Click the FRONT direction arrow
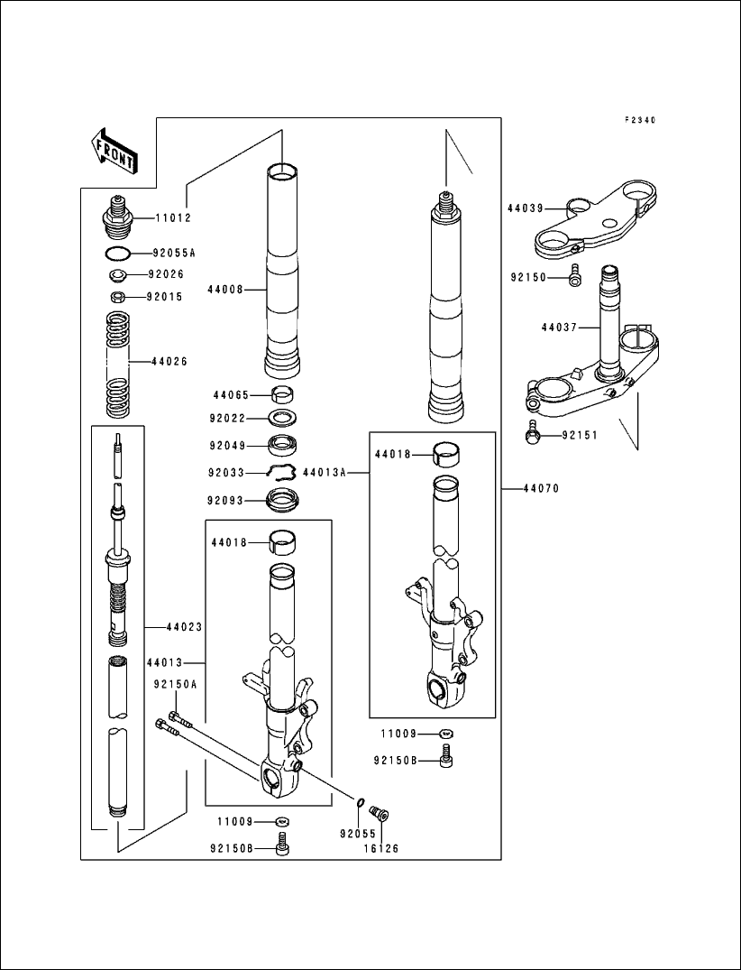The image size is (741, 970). pos(113,150)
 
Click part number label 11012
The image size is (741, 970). pos(173,218)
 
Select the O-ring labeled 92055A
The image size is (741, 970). pos(117,254)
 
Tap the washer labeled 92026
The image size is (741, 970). pos(117,275)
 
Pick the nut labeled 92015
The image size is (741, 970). pos(117,296)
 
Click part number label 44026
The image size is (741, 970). pos(169,361)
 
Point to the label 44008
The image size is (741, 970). pos(224,290)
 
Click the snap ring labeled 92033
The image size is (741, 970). pos(282,472)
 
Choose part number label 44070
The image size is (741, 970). pos(541,488)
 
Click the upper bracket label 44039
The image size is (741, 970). pos(525,208)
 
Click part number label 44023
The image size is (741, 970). pos(184,627)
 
